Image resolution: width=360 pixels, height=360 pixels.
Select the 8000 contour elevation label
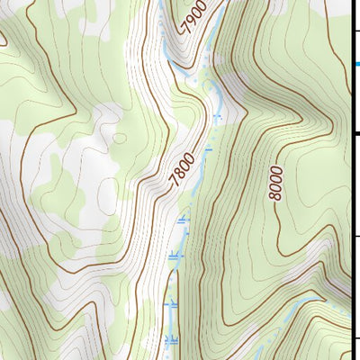click(x=275, y=184)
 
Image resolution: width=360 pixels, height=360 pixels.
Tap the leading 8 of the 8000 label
click(x=275, y=198)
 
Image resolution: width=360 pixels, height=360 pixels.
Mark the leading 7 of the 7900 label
click(x=186, y=28)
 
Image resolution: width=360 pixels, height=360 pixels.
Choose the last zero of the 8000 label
click(x=275, y=169)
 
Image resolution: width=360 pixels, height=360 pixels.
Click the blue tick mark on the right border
click(x=355, y=63)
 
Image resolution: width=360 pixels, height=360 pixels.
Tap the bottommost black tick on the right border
click(x=355, y=338)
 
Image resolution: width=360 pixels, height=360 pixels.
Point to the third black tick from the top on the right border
click(x=355, y=237)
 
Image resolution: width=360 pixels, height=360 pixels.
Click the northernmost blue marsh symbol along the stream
click(x=217, y=116)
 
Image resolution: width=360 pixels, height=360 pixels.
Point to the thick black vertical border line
click(x=351, y=180)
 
